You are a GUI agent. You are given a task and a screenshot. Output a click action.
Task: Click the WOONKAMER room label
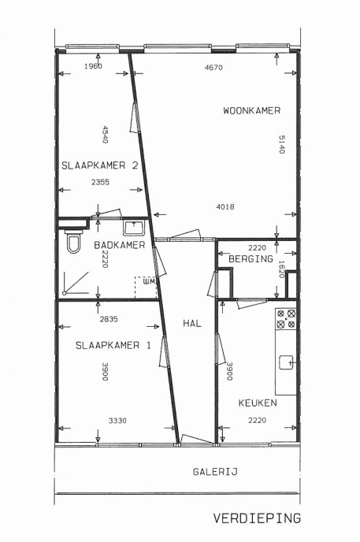tap(251, 111)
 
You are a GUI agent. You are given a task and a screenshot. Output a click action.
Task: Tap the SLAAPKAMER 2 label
tap(100, 165)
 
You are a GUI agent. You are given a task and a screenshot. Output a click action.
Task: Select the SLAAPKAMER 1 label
tap(113, 345)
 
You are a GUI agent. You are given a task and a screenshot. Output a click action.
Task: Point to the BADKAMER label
tap(120, 245)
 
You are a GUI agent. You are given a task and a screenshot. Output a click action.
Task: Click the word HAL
tap(192, 324)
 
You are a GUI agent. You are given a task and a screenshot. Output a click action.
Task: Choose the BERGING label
tap(251, 258)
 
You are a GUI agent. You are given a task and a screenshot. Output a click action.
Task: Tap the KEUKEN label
tap(258, 403)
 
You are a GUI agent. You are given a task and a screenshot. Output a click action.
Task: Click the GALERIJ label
tap(215, 472)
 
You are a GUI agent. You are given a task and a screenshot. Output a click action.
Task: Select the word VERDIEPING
tap(257, 518)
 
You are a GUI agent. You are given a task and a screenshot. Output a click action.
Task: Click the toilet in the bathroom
tap(73, 242)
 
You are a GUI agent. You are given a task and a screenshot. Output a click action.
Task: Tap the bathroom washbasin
tap(134, 228)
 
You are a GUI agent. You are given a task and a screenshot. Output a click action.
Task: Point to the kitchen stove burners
tap(286, 319)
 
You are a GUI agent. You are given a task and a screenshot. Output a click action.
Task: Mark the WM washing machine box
tap(146, 287)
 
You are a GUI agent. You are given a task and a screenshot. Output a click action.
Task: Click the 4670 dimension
tap(213, 68)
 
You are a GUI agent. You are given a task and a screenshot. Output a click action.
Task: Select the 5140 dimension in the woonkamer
tap(281, 144)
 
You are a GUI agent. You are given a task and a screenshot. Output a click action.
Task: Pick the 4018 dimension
tap(225, 206)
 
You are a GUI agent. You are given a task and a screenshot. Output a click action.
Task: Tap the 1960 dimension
tap(93, 66)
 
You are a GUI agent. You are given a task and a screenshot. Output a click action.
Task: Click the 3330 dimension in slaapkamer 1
tap(117, 421)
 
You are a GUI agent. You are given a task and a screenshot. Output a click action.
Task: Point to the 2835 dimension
tap(109, 319)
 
